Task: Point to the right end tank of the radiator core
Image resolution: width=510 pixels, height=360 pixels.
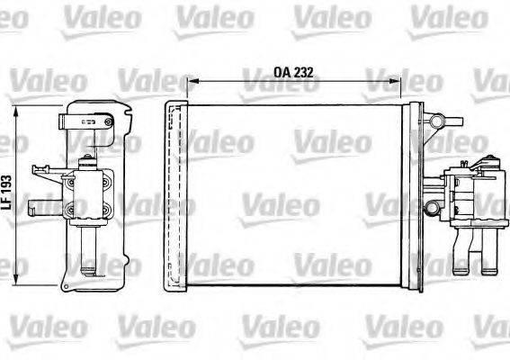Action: click(415, 198)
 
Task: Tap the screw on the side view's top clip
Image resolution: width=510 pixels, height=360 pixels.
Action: click(106, 118)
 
